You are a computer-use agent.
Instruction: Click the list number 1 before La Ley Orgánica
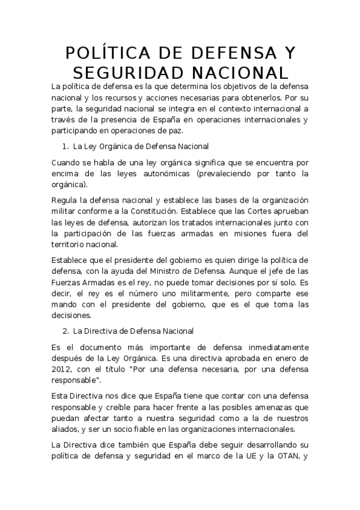click(65, 147)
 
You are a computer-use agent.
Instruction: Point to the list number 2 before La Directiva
click(65, 331)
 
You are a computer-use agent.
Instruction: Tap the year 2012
click(61, 369)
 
